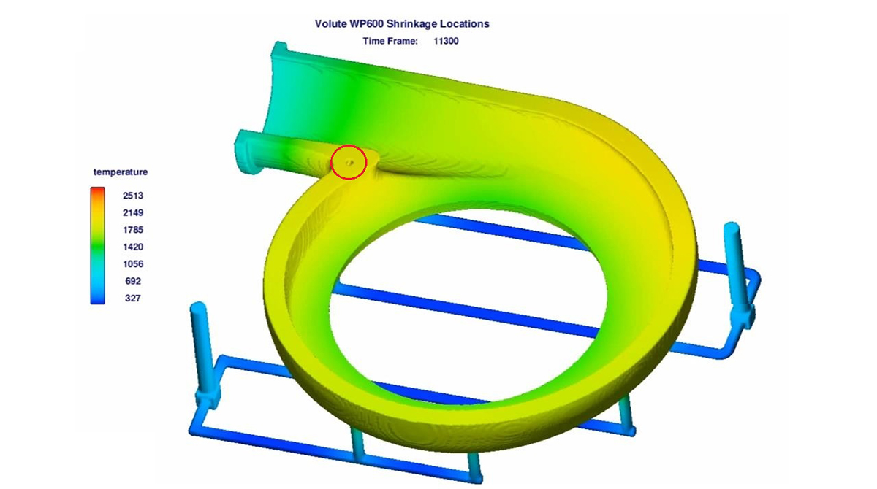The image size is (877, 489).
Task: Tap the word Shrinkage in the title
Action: tap(411, 24)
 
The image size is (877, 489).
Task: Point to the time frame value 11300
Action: tap(446, 41)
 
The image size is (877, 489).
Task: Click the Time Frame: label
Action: tap(390, 41)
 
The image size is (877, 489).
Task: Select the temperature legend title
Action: tap(121, 172)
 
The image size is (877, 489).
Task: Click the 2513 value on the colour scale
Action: tap(133, 196)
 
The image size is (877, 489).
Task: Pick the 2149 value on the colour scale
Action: tap(133, 212)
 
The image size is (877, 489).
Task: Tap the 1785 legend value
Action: tap(133, 230)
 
